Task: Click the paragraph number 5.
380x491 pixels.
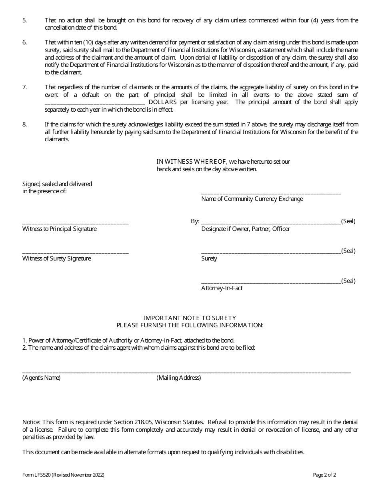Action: click(x=24, y=20)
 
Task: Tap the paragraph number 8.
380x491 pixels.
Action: click(x=24, y=124)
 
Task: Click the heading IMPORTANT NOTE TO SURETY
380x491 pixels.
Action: click(x=190, y=318)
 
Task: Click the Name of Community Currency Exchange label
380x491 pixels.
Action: click(x=252, y=199)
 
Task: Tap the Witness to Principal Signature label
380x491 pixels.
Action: click(x=59, y=229)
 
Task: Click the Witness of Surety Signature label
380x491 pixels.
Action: click(x=56, y=259)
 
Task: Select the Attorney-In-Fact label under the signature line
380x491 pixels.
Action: click(x=222, y=288)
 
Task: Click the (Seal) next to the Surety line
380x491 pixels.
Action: click(x=348, y=251)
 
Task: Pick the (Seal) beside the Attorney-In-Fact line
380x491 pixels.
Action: click(x=348, y=281)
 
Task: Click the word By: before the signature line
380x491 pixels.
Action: click(x=195, y=221)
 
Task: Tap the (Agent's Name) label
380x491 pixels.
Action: click(x=41, y=378)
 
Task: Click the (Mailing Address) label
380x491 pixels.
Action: click(x=178, y=378)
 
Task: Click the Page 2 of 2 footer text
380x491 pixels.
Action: click(x=324, y=475)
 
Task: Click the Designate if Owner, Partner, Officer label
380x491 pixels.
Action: click(x=246, y=229)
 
